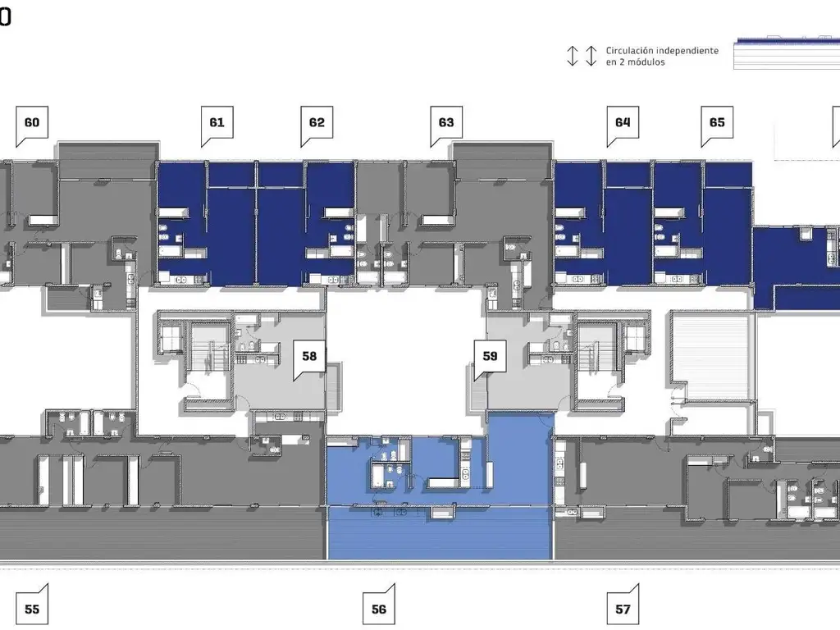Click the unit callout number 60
[32, 123]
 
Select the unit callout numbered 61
[217, 123]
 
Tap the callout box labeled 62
[317, 123]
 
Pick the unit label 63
[446, 123]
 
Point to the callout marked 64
[623, 123]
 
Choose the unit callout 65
[717, 123]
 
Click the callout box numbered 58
[309, 356]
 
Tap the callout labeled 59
[490, 356]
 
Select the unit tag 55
[32, 609]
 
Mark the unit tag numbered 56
[379, 609]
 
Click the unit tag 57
[623, 609]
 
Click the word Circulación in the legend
[629, 51]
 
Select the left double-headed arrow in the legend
[573, 56]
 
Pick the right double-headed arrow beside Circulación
[591, 56]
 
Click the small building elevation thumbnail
[787, 53]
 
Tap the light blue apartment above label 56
[440, 498]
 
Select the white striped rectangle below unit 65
[710, 358]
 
